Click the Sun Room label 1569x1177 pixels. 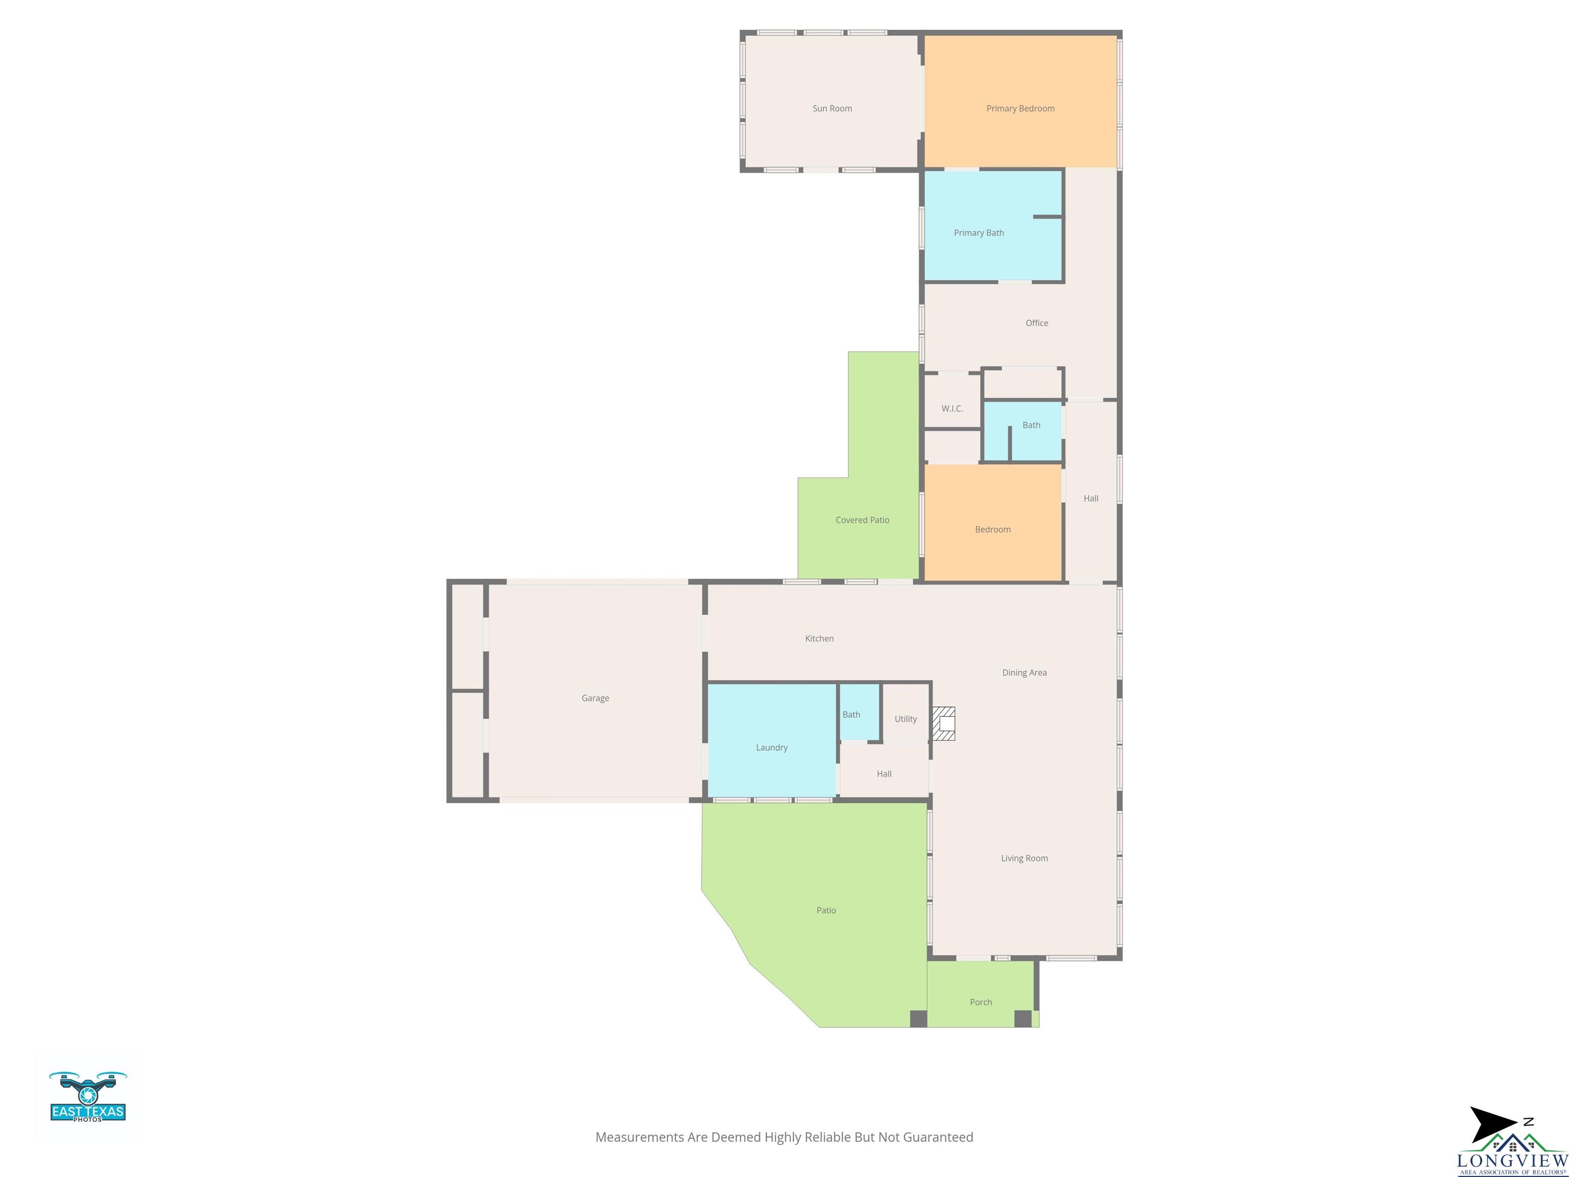(832, 108)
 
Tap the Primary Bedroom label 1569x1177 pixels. (1020, 108)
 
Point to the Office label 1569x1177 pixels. (1036, 323)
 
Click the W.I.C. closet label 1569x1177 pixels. (952, 409)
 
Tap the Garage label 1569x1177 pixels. (595, 698)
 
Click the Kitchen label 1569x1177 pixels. (819, 639)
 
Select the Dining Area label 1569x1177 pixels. (1024, 673)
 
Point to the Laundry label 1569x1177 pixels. (772, 748)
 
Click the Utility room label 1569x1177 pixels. (906, 719)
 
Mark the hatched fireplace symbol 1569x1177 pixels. (943, 724)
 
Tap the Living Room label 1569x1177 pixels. (1024, 858)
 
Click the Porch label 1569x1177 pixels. (981, 1002)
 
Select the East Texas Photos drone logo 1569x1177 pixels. (88, 1096)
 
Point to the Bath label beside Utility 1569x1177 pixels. (851, 715)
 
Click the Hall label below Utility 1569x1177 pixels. (884, 774)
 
